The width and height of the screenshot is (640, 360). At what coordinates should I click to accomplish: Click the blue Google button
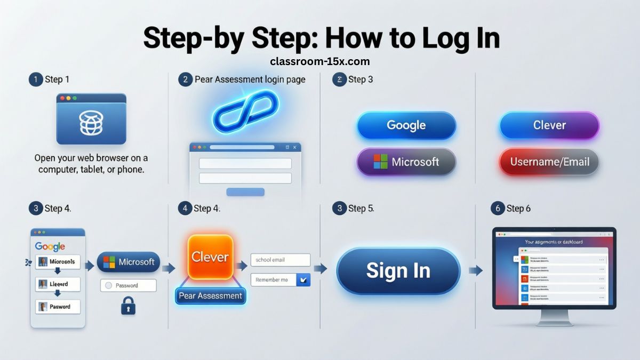point(406,125)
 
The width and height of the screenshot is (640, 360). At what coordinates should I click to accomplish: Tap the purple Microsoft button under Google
point(406,162)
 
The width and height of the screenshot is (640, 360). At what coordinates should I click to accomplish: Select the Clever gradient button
point(549,125)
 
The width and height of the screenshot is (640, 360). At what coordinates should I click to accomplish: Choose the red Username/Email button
point(549,162)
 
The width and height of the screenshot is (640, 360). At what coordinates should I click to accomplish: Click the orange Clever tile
point(210,257)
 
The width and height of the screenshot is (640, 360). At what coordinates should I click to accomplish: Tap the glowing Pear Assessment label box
point(210,296)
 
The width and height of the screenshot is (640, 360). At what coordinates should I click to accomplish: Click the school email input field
point(280,260)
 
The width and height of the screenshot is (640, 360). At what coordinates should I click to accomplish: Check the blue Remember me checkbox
point(303,279)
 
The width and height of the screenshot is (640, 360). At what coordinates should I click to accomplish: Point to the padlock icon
point(128,306)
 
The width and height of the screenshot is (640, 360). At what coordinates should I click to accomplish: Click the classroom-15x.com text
point(320,61)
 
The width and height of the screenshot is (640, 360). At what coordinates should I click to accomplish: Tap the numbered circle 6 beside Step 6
point(498,209)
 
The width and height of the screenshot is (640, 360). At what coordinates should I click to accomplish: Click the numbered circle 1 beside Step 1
point(35,79)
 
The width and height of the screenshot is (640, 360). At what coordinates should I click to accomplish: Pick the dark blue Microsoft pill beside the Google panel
point(128,262)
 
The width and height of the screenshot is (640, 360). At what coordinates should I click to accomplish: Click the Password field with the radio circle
point(128,285)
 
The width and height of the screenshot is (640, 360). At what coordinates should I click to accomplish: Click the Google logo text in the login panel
point(50,246)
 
